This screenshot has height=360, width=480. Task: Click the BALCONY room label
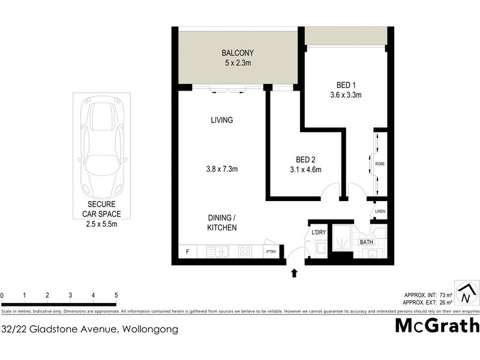pos(238,52)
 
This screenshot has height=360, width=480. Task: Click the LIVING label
pos(221,120)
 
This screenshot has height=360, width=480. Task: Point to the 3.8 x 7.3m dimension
pos(221,169)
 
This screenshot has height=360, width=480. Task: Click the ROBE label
pos(380,164)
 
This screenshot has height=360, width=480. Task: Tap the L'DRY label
pos(318,233)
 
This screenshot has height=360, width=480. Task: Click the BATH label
pos(366,242)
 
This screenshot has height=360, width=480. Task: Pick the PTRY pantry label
pos(271,252)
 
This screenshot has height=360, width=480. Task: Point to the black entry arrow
pos(294,274)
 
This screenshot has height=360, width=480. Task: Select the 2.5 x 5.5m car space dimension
pos(101,224)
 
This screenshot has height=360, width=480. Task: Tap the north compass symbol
pos(465,293)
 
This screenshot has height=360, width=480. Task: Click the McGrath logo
pos(437,326)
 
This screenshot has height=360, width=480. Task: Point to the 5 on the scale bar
pos(116,295)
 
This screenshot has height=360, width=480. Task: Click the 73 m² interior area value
pos(445,295)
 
